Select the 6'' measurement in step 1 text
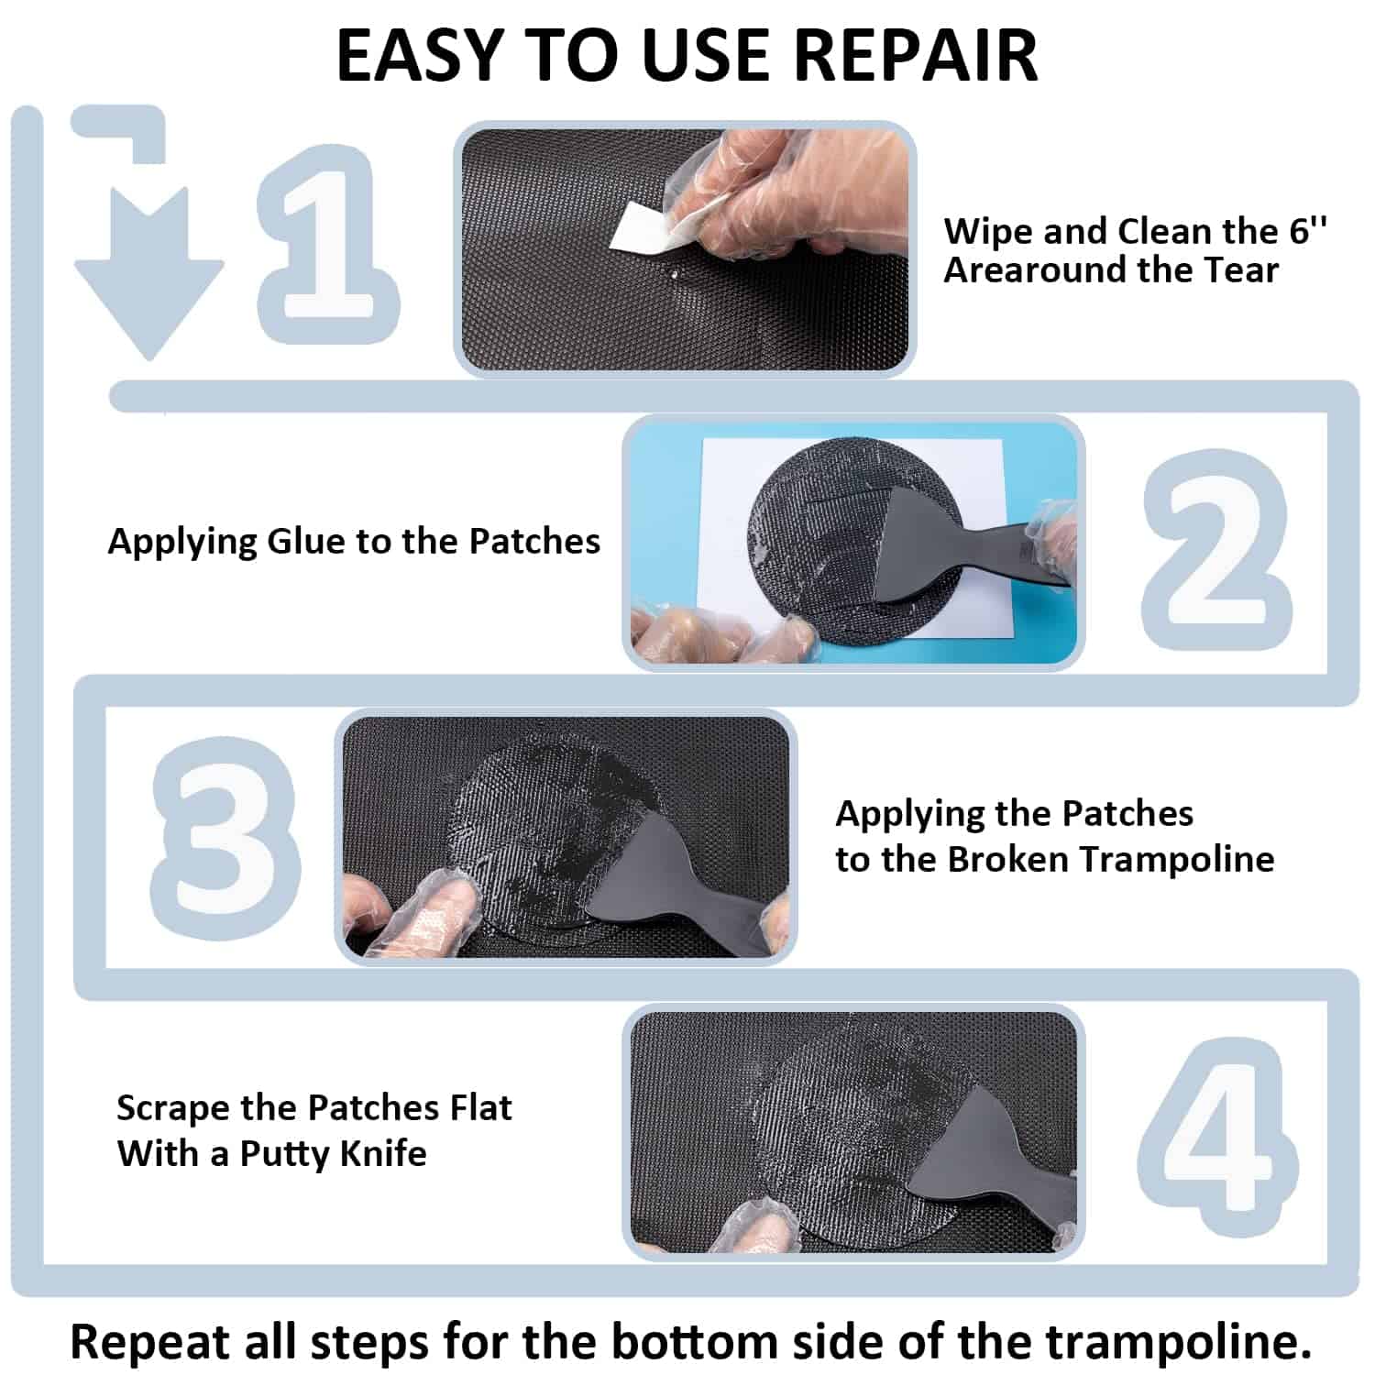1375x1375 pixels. [x=1308, y=230]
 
